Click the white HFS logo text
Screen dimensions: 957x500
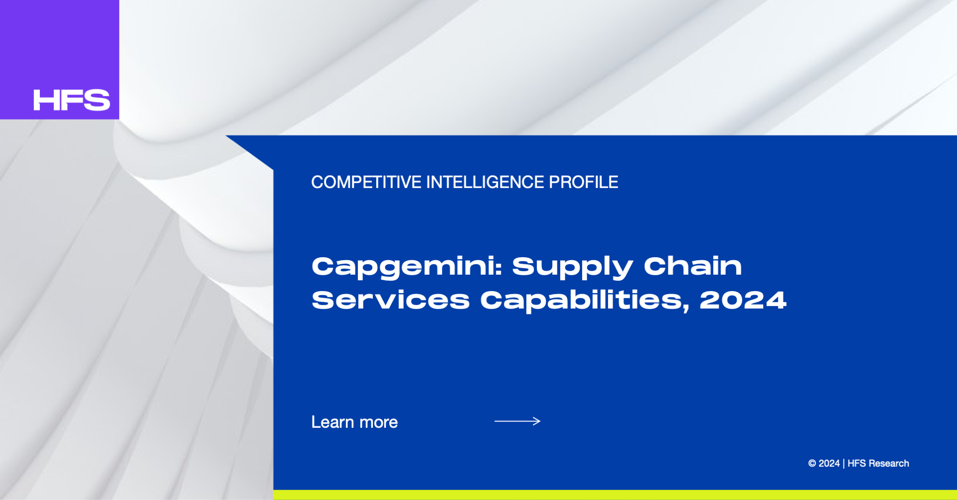(x=72, y=100)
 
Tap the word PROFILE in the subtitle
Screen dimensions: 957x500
(x=584, y=182)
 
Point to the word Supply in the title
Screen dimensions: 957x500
(x=572, y=267)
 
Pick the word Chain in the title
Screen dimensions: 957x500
(x=693, y=266)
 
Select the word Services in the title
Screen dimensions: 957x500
(x=391, y=300)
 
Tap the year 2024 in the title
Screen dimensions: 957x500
(x=743, y=300)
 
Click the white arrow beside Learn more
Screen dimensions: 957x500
(x=517, y=421)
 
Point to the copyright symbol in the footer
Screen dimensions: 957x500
(x=812, y=464)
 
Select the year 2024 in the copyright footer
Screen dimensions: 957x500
(x=829, y=464)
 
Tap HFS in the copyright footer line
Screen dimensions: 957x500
(x=857, y=464)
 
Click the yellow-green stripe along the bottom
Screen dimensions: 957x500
(x=615, y=495)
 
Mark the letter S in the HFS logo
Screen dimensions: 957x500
(x=97, y=100)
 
